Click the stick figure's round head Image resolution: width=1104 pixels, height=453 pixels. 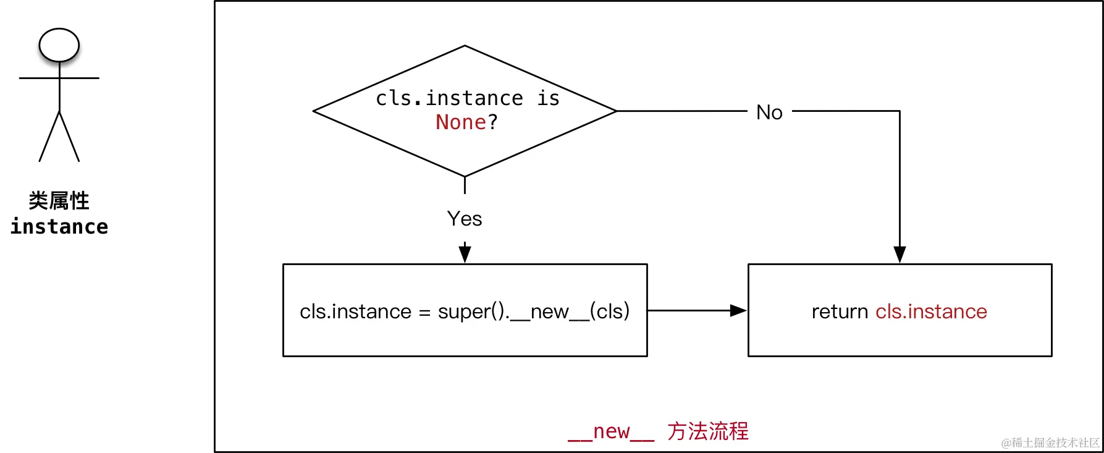pyautogui.click(x=59, y=45)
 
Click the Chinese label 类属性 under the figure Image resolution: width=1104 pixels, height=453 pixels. pyautogui.click(x=59, y=201)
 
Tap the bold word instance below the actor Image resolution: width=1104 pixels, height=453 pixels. pyautogui.click(x=59, y=227)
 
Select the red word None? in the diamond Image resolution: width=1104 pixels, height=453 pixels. pyautogui.click(x=466, y=122)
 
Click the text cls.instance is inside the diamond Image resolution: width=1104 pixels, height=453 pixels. pyautogui.click(x=467, y=98)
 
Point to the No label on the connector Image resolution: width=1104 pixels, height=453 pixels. pyautogui.click(x=769, y=112)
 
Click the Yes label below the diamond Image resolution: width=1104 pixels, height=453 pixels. pyautogui.click(x=465, y=219)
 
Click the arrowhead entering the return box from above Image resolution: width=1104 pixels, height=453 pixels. pyautogui.click(x=900, y=254)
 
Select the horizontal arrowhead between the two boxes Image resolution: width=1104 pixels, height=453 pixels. pyautogui.click(x=738, y=311)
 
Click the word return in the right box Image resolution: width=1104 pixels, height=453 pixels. pyautogui.click(x=840, y=311)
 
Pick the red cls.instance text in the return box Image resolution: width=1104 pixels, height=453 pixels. pyautogui.click(x=931, y=311)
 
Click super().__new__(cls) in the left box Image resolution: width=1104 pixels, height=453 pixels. pyautogui.click(x=534, y=311)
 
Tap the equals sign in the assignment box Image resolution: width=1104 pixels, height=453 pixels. pyautogui.click(x=424, y=313)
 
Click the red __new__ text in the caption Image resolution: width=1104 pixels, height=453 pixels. pyautogui.click(x=611, y=431)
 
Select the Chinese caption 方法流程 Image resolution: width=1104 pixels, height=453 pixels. pyautogui.click(x=708, y=431)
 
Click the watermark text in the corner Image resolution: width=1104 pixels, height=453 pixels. pyautogui.click(x=1050, y=442)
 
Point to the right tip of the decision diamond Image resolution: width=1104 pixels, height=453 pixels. pyautogui.click(x=615, y=111)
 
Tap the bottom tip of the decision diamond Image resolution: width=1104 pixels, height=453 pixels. pyautogui.click(x=465, y=176)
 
